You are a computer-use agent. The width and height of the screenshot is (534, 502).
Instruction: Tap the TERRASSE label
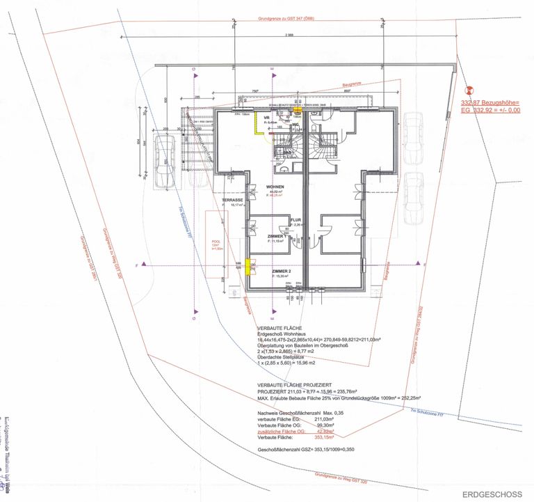click(232, 200)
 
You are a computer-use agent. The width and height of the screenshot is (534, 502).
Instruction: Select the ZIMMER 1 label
click(276, 237)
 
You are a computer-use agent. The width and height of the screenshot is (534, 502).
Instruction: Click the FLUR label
click(295, 219)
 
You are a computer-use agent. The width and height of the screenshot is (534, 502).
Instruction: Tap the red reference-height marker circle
click(469, 90)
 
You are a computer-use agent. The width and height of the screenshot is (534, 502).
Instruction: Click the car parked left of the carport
click(163, 162)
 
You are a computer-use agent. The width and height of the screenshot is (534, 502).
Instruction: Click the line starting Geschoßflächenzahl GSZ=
click(297, 450)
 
